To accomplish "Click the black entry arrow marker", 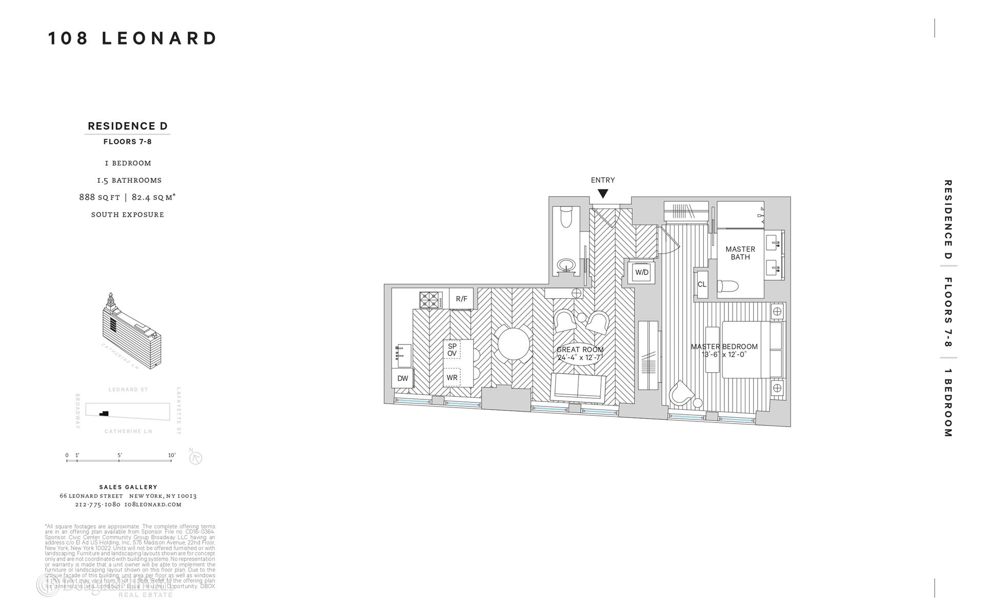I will point(603,194).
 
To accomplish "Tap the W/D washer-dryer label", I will point(642,273).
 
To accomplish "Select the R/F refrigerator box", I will point(461,299).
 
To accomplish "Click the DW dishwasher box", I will point(403,378).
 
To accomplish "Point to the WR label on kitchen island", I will point(452,378).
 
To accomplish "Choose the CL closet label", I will point(702,284).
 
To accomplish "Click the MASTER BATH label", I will point(740,253).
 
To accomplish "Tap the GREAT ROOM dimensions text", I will point(580,357).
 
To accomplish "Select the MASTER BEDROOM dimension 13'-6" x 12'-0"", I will point(724,354).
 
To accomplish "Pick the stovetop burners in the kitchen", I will point(431,300).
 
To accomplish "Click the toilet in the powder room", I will point(566,217).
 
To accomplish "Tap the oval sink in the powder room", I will point(567,266).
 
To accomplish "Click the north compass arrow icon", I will point(195,458).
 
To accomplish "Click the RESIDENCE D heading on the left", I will point(128,126).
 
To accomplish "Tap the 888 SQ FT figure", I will point(100,197).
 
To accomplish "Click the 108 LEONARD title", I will point(133,38).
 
